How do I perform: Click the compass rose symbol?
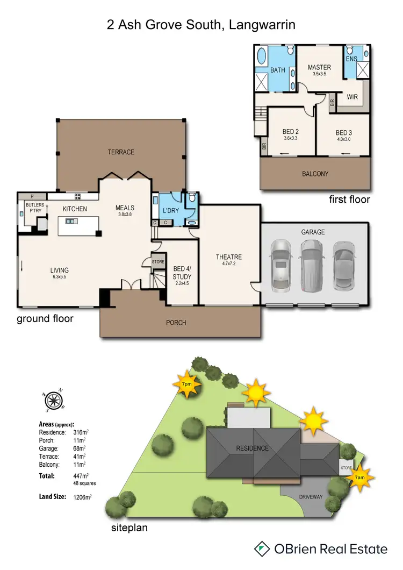pos(53,400)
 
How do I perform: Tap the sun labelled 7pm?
pos(186,384)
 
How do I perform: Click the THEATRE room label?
pos(229,257)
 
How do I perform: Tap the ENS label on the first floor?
pos(351,59)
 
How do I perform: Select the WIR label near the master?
pos(352,97)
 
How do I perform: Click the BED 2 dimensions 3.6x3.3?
pos(290,138)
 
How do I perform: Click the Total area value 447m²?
pos(82,476)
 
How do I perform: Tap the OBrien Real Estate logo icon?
pos(262,548)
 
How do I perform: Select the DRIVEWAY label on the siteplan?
pos(311,497)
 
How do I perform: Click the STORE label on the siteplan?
pos(346,468)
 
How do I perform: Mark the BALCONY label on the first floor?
pos(315,174)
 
